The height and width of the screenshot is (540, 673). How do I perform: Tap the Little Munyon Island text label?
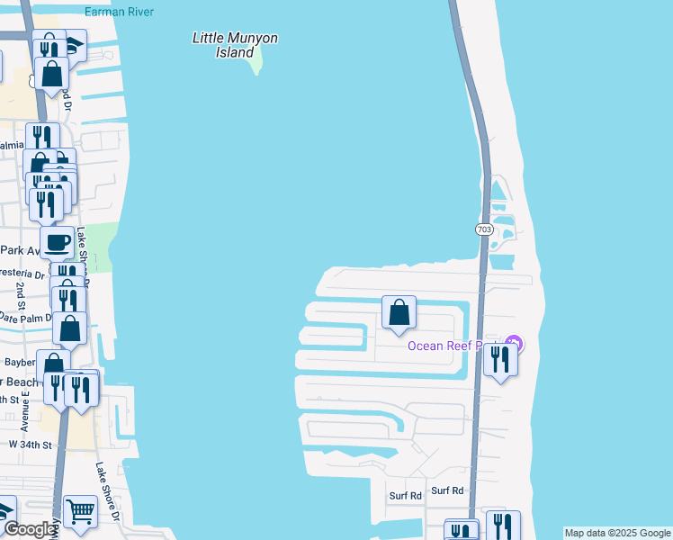pyautogui.click(x=235, y=45)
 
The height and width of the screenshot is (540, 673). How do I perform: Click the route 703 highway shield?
pyautogui.click(x=484, y=229)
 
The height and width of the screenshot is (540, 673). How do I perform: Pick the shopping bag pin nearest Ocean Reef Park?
pyautogui.click(x=399, y=313)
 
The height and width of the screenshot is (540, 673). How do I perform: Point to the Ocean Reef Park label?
pyautogui.click(x=454, y=346)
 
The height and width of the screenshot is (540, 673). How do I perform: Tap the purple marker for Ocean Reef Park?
pyautogui.click(x=513, y=343)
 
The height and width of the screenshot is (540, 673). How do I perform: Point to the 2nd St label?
pyautogui.click(x=21, y=290)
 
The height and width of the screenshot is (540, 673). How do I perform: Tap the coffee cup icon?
pyautogui.click(x=58, y=242)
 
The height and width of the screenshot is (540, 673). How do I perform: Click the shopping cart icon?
pyautogui.click(x=81, y=512)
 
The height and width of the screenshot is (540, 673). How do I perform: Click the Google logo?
pyautogui.click(x=30, y=529)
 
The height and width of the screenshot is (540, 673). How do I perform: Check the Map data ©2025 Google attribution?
pyautogui.click(x=618, y=533)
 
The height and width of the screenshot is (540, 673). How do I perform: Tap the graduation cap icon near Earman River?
pyautogui.click(x=74, y=44)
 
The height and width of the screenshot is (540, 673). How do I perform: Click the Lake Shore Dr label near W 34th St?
pyautogui.click(x=106, y=490)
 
